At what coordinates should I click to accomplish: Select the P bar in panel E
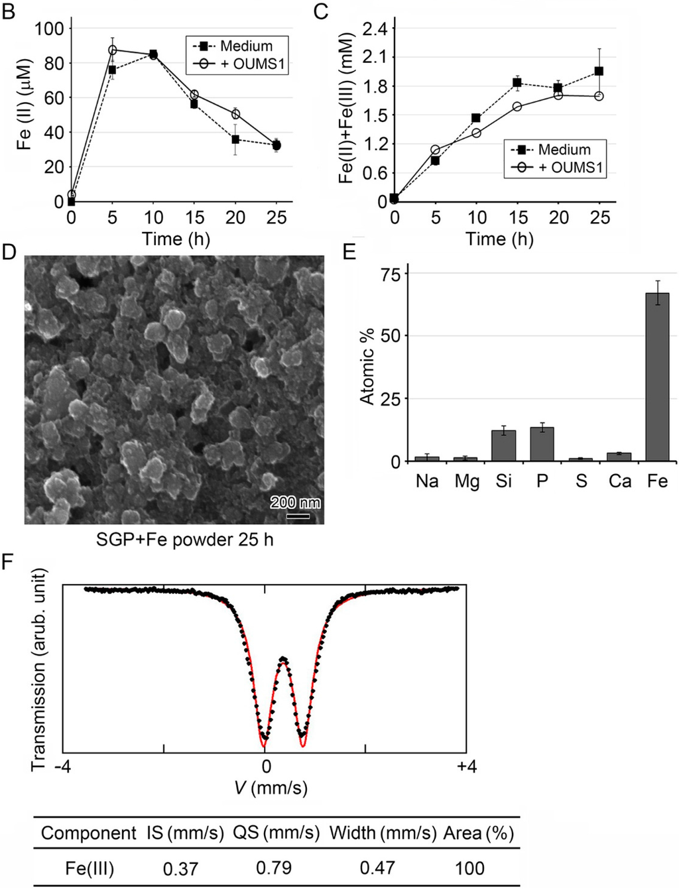click(542, 444)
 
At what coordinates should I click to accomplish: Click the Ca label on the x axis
click(619, 481)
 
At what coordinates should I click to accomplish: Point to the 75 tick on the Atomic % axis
click(391, 274)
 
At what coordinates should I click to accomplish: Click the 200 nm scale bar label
click(295, 503)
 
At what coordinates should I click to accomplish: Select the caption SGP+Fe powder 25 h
click(184, 540)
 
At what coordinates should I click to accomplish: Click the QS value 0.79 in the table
click(275, 868)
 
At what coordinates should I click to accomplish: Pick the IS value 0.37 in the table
click(180, 868)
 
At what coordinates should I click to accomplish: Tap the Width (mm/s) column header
click(383, 833)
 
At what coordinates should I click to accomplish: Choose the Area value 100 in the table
click(469, 868)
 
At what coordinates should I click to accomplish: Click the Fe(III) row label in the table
click(90, 868)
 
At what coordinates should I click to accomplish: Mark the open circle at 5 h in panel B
click(113, 50)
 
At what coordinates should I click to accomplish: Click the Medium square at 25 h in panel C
click(599, 71)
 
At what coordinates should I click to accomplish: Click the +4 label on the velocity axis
click(466, 767)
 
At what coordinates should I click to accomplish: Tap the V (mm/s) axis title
click(271, 788)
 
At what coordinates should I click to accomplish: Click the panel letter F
click(8, 563)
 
